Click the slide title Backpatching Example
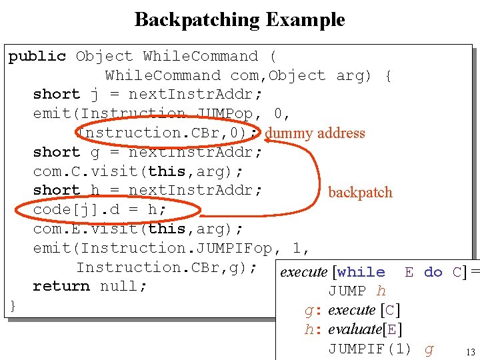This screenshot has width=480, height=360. tap(239, 19)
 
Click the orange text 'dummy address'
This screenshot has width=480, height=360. tap(315, 133)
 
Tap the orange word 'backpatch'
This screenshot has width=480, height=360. tap(360, 193)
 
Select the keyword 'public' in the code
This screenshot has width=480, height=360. tap(37, 57)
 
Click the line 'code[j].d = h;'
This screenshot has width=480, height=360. tap(100, 210)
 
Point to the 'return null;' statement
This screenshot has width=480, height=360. tap(89, 286)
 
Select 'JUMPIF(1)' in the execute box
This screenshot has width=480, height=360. tap(369, 349)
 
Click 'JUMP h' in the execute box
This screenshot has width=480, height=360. tap(357, 291)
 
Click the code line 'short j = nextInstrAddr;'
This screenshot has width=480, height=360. tap(147, 95)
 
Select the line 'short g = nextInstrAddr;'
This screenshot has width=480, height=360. tap(147, 152)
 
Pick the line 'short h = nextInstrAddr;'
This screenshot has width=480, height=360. tap(147, 191)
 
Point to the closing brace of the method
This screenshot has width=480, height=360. tap(13, 305)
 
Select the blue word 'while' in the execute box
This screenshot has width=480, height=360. tap(361, 272)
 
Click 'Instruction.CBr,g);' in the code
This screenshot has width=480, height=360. tap(167, 267)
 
